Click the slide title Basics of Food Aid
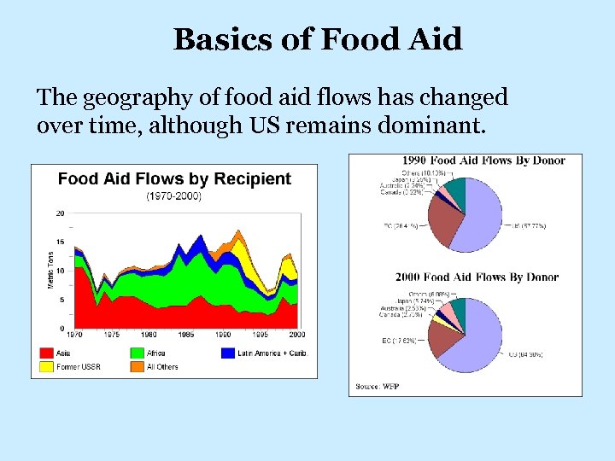[x=318, y=38]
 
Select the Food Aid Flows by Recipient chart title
[x=174, y=179]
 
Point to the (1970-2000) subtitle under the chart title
[x=174, y=196]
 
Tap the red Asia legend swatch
[x=47, y=353]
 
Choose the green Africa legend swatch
[x=137, y=353]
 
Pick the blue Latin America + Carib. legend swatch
[x=228, y=353]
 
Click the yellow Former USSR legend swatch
[x=47, y=367]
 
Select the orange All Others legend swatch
[x=137, y=367]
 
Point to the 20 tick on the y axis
[x=60, y=213]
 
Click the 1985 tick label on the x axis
[x=185, y=335]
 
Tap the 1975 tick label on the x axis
[x=111, y=335]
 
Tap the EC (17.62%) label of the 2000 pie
[x=398, y=341]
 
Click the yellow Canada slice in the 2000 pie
[x=439, y=321]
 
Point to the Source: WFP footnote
[x=378, y=387]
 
